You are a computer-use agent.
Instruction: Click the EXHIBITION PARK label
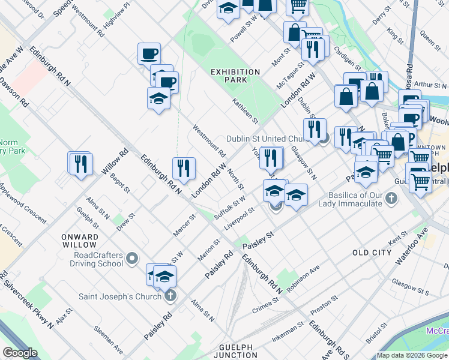pyautogui.click(x=235, y=76)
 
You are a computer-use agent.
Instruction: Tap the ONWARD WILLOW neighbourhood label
pyautogui.click(x=79, y=241)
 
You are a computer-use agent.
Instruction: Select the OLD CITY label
pyautogui.click(x=372, y=253)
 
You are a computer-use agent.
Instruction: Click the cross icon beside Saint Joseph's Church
pyautogui.click(x=170, y=296)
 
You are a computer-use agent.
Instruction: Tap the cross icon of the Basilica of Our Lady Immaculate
pyautogui.click(x=391, y=198)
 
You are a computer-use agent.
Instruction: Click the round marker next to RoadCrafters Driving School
pyautogui.click(x=133, y=259)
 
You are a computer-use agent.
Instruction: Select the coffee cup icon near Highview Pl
pyautogui.click(x=149, y=53)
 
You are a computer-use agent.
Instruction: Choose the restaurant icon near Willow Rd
pyautogui.click(x=80, y=163)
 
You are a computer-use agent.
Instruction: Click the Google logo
pyautogui.click(x=20, y=353)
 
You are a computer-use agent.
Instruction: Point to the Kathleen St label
pyautogui.click(x=245, y=112)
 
